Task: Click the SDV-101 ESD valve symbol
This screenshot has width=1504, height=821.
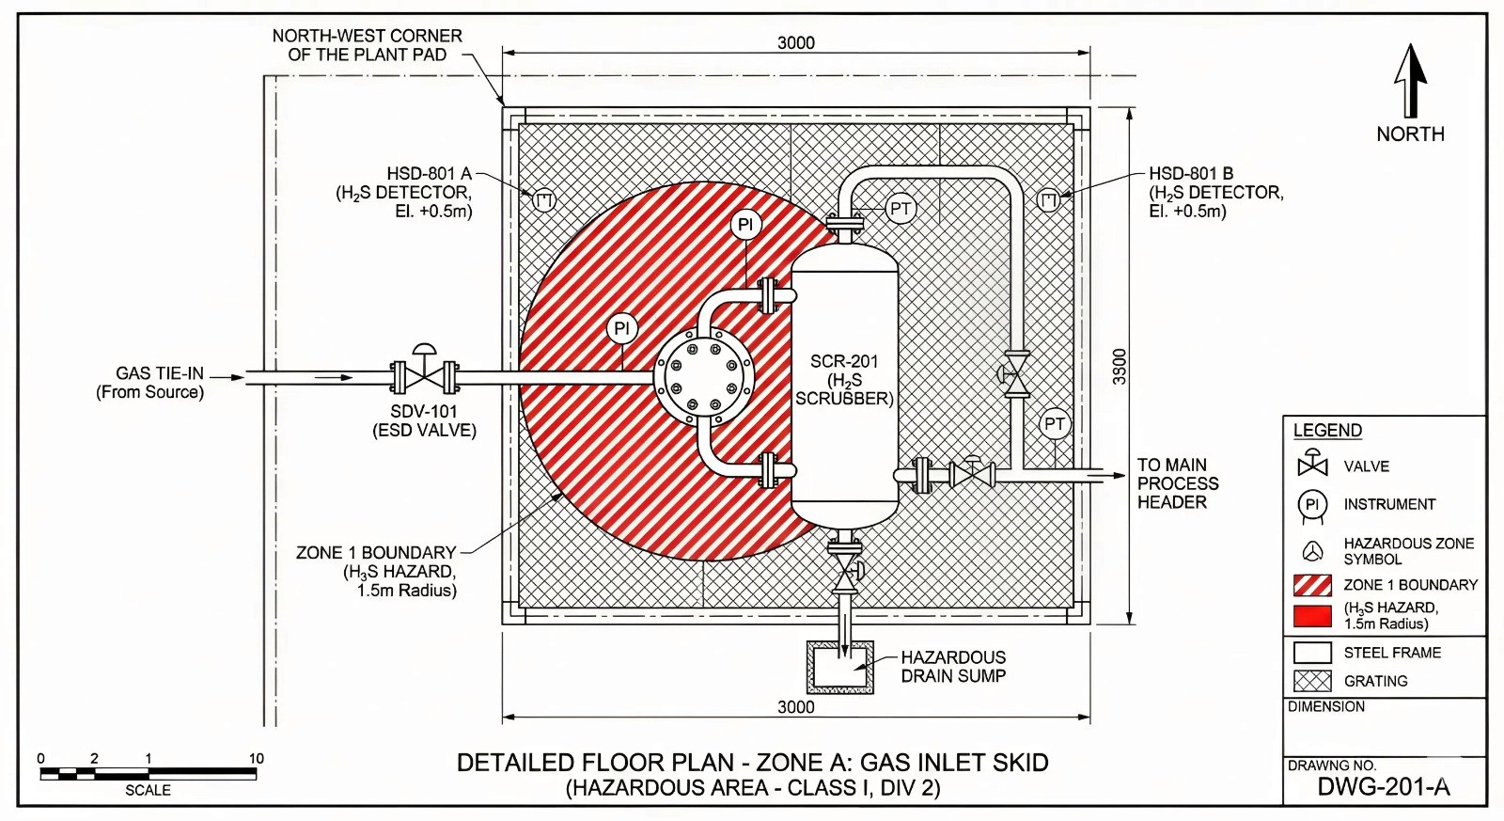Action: (425, 376)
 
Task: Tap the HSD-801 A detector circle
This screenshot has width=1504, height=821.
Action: (544, 200)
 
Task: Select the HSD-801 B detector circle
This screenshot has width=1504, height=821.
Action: (1048, 199)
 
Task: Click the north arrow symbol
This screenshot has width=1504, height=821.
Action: (1410, 83)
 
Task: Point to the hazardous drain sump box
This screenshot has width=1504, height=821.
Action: (839, 667)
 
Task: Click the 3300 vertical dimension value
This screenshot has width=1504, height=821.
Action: (1119, 367)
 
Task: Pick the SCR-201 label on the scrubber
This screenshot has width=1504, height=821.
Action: (844, 361)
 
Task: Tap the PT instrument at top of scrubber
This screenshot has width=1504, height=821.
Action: (901, 209)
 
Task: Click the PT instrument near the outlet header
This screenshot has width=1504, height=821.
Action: (1055, 424)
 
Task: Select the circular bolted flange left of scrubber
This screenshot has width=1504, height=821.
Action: (703, 377)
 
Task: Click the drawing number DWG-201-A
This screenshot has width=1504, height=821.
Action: (1383, 787)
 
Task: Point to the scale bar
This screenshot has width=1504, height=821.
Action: (148, 774)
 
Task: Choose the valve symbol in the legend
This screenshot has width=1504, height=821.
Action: (1312, 465)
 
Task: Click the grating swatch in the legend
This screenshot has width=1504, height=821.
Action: (1312, 681)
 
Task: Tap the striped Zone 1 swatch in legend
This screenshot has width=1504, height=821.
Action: (1312, 585)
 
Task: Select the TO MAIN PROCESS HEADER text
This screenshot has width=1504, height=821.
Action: (1177, 483)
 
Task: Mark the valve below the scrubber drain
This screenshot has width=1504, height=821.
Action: (846, 570)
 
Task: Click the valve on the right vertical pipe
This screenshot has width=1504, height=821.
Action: (1016, 374)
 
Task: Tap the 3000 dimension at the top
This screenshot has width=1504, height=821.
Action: (795, 42)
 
